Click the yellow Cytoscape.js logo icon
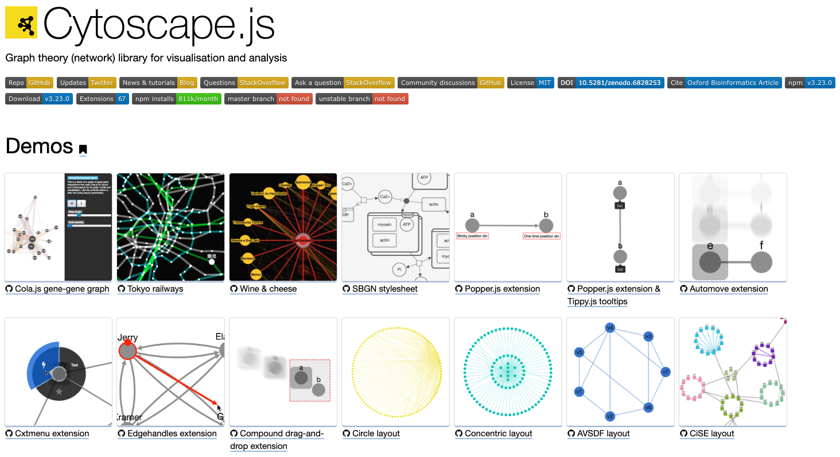coord(21,22)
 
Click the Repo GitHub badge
coord(29,83)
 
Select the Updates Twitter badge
coord(87,83)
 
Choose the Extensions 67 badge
coord(103,99)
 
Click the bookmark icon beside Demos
coord(83,150)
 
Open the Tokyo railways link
coord(155,289)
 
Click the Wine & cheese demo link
coord(268,289)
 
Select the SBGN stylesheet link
coord(384,289)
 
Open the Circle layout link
coord(376,433)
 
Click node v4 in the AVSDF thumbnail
coord(610,328)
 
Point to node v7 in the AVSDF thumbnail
coord(665,372)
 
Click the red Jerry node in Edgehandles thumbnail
coord(127,350)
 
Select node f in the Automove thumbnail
coord(761,262)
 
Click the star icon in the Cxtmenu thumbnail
coord(59,392)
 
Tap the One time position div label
coord(541,236)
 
